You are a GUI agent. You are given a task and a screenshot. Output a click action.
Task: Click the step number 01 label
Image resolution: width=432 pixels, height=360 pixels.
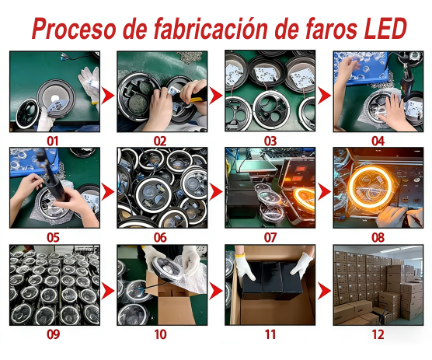tap(53, 141)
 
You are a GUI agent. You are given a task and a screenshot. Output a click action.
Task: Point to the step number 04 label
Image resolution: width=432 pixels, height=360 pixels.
tap(378, 141)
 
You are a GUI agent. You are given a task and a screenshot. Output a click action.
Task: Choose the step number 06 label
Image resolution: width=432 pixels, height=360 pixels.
tap(161, 237)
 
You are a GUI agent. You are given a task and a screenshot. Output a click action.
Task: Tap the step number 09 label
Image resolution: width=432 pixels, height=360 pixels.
tap(53, 335)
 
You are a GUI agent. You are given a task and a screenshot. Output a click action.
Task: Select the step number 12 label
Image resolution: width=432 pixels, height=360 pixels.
tap(378, 335)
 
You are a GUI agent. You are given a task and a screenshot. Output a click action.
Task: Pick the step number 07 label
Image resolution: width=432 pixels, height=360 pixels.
tap(270, 237)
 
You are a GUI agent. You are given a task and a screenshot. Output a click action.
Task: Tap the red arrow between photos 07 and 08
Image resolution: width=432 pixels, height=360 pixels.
tap(324, 191)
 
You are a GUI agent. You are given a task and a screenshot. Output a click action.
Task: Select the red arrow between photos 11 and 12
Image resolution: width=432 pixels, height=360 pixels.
tap(324, 289)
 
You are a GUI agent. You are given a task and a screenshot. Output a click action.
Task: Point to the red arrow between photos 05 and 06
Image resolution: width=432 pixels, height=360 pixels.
tap(107, 191)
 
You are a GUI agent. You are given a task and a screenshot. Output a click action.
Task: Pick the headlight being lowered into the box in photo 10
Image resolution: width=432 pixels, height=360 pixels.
tap(169, 273)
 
